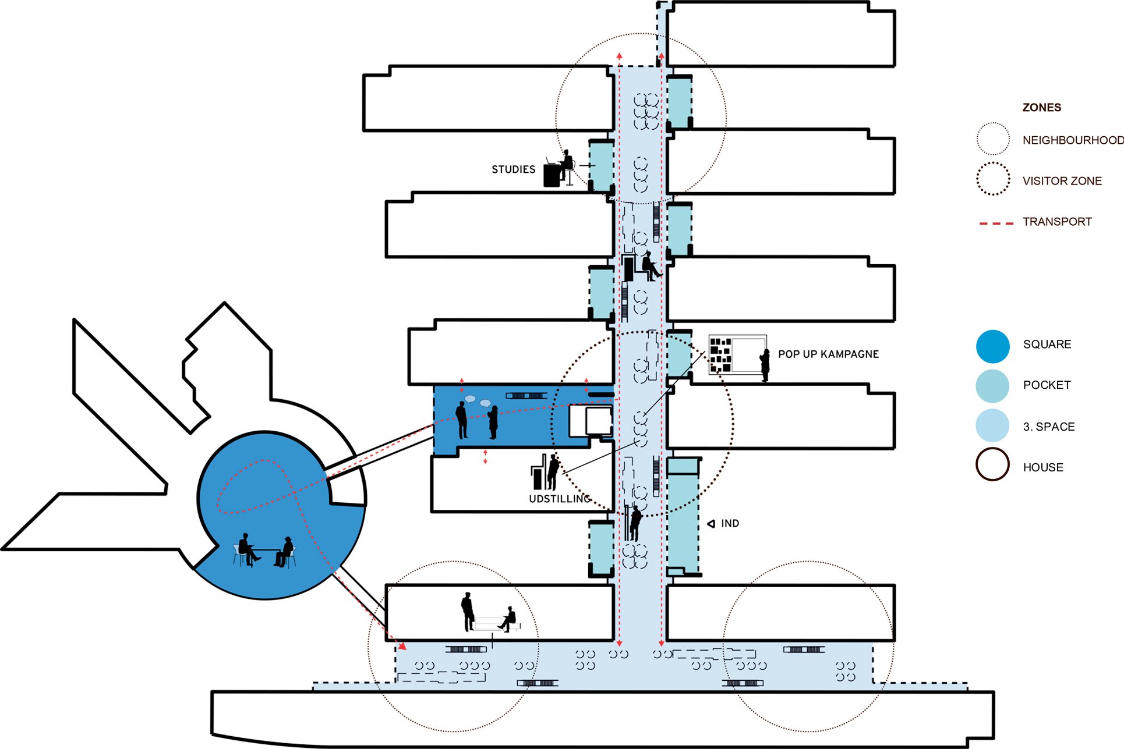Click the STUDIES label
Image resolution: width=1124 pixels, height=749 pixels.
click(x=513, y=169)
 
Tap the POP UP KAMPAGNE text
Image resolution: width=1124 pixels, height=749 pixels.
click(x=828, y=354)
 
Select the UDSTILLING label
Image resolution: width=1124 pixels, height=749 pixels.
click(x=559, y=499)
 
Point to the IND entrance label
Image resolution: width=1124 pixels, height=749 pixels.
click(x=730, y=523)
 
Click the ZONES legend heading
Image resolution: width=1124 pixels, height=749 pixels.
click(x=1041, y=108)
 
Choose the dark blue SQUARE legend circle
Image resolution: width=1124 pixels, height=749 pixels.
click(x=992, y=346)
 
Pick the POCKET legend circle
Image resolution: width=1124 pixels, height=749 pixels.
click(x=992, y=385)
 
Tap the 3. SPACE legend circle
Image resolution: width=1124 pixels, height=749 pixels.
click(x=992, y=425)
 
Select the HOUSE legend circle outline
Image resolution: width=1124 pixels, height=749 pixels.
click(x=992, y=464)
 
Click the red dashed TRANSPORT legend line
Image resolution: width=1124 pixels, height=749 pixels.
click(x=996, y=223)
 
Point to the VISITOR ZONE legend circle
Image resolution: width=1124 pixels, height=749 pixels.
click(x=992, y=179)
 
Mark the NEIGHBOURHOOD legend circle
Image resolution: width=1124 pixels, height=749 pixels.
click(x=992, y=139)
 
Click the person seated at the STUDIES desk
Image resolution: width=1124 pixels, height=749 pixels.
click(x=564, y=166)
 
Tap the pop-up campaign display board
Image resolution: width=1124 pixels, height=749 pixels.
click(x=737, y=354)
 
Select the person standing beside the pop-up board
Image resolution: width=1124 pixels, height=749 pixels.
click(x=765, y=365)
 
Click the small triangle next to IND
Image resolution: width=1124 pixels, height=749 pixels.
click(x=711, y=524)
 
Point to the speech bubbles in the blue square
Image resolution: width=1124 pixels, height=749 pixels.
click(x=478, y=401)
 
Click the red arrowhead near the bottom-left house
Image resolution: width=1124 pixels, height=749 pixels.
click(x=402, y=646)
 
